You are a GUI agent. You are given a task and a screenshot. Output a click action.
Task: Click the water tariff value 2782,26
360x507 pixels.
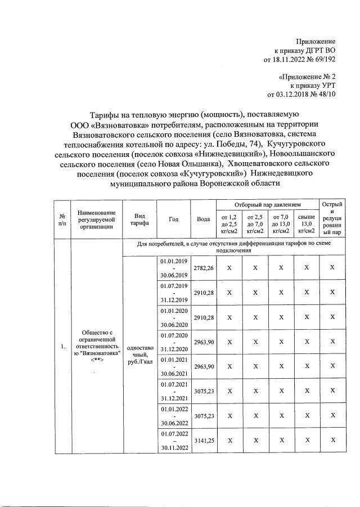(203, 268)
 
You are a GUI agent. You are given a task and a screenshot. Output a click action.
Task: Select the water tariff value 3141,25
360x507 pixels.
(203, 440)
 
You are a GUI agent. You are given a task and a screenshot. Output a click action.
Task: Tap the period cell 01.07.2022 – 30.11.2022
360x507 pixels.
(174, 440)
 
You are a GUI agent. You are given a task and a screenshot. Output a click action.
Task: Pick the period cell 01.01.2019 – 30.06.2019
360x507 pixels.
(174, 268)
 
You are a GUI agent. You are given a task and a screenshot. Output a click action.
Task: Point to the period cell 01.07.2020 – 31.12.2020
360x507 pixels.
(174, 342)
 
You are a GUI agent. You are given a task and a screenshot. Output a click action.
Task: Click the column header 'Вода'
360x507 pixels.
(203, 219)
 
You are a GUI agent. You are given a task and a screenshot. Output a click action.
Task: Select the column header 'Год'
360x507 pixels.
(174, 219)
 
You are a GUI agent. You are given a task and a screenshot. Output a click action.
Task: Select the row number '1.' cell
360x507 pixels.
(61, 347)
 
